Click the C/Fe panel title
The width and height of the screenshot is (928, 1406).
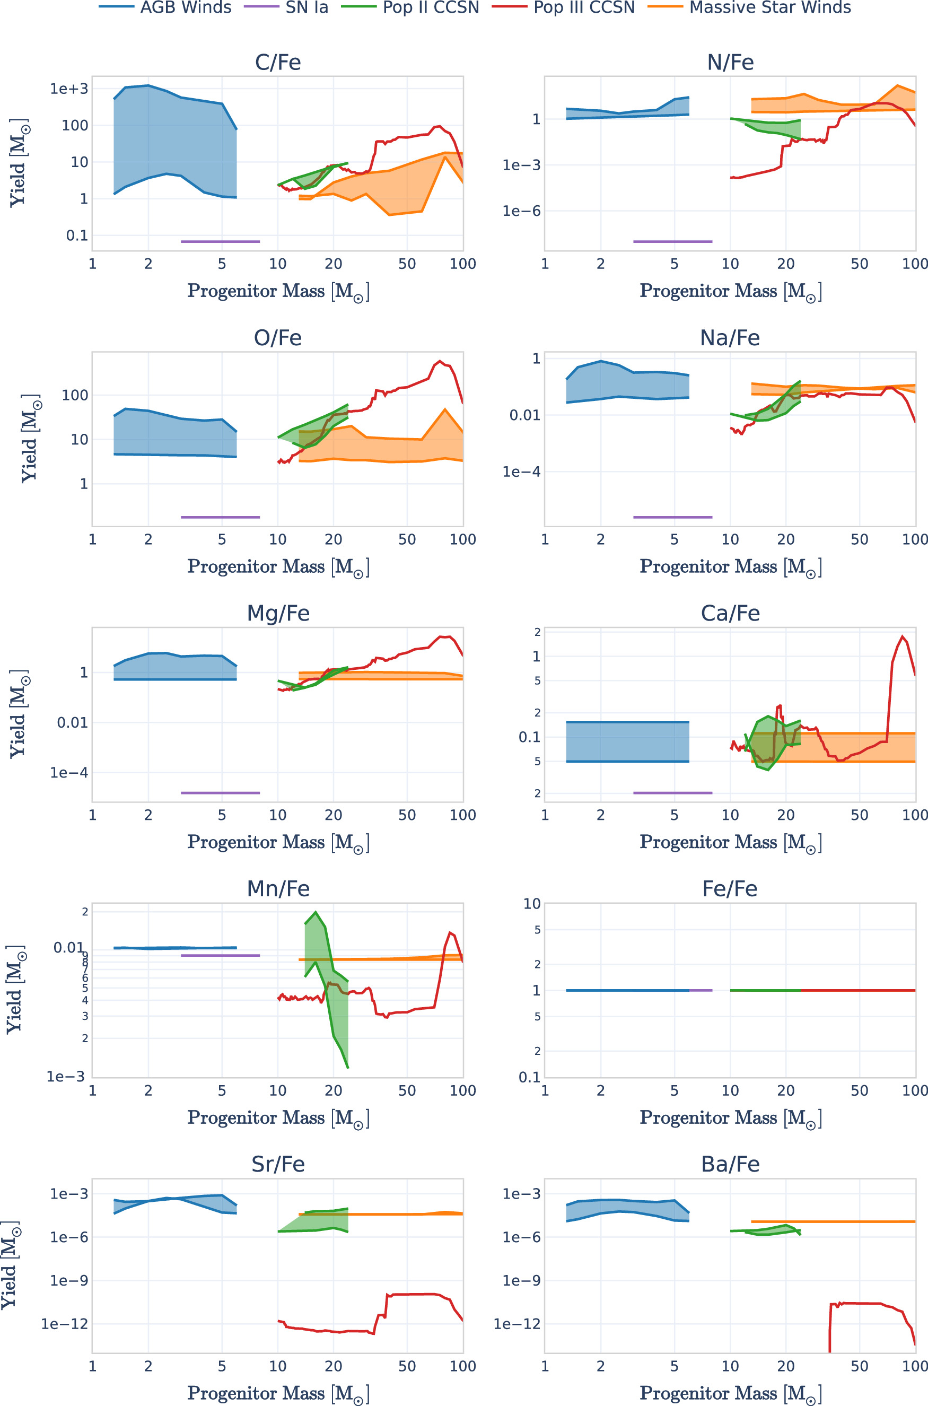click(277, 63)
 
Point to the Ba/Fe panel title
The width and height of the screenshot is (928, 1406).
click(730, 1164)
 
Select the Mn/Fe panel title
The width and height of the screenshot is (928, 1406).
click(277, 888)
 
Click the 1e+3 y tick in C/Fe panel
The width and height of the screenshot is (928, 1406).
click(68, 89)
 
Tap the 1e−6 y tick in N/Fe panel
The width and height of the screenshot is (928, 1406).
click(521, 211)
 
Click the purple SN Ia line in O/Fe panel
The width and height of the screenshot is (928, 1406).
click(220, 517)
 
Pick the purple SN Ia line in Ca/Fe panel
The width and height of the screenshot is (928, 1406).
click(672, 792)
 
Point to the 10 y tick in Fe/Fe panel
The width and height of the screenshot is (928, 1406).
click(531, 904)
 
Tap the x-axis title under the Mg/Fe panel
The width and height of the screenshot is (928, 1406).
click(277, 842)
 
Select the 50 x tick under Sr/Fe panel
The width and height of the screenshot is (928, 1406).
click(407, 1366)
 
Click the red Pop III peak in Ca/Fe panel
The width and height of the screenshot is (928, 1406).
click(902, 637)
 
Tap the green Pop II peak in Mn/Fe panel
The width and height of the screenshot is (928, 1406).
click(316, 912)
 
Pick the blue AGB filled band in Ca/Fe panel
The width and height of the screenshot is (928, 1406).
click(627, 741)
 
